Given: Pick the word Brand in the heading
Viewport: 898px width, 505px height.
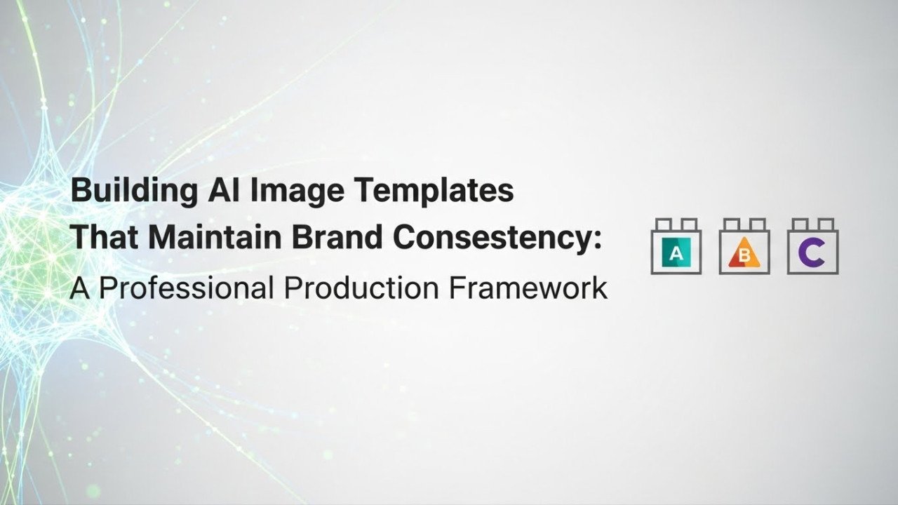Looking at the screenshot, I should pos(329,238).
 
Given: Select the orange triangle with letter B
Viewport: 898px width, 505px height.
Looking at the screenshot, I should pos(744,255).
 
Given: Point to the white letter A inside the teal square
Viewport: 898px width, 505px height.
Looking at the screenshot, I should pos(676,254).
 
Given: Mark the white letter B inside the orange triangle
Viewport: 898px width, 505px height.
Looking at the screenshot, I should pos(745,257).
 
